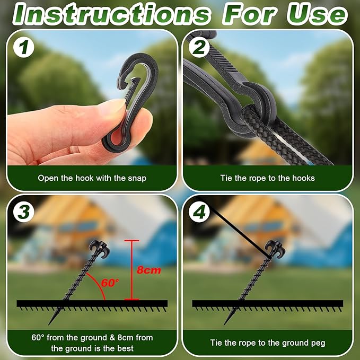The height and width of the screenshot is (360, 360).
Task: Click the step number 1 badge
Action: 24,48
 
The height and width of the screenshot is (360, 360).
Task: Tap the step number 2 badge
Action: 199,48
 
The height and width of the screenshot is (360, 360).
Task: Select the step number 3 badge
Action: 24,212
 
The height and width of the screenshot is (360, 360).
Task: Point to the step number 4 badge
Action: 199,212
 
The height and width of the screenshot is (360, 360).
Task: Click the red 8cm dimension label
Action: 149,270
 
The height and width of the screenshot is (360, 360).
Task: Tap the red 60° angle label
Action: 110,283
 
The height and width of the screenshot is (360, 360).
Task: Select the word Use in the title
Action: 317,14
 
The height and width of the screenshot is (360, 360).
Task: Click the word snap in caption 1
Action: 137,178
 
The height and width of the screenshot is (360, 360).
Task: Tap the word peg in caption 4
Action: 319,343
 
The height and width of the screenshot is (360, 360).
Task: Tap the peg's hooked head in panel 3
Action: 99,249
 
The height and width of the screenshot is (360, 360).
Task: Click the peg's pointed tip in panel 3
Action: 49,324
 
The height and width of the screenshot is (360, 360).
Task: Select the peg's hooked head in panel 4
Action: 275,249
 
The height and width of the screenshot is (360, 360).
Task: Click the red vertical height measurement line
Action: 132,270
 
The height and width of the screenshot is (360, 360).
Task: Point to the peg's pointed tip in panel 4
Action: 225,324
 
